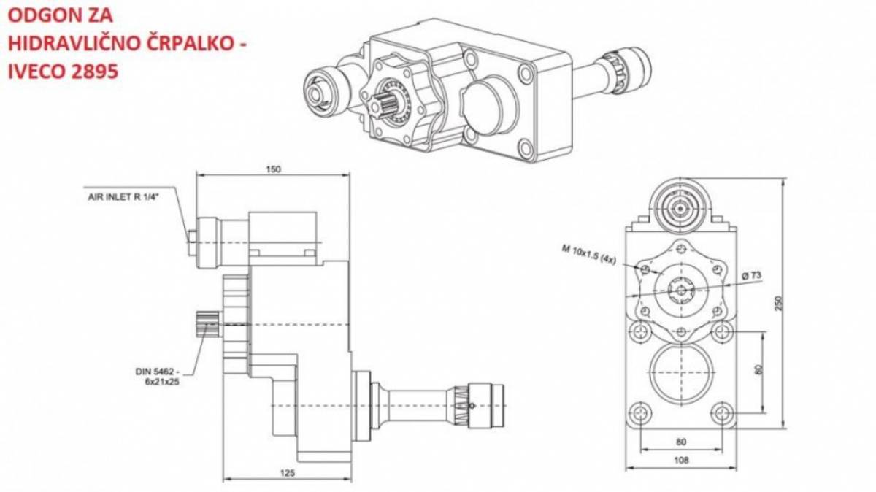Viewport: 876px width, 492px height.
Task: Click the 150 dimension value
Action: [x=273, y=169]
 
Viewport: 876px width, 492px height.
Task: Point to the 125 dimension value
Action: [x=288, y=473]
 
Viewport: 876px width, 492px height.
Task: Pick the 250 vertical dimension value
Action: [x=779, y=303]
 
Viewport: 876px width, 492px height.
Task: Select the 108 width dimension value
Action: [x=681, y=461]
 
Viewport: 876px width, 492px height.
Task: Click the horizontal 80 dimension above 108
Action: [x=681, y=442]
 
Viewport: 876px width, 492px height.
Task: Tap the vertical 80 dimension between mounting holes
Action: [x=758, y=370]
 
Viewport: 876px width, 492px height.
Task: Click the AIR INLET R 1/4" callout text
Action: [x=124, y=196]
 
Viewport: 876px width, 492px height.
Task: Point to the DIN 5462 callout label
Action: [x=158, y=377]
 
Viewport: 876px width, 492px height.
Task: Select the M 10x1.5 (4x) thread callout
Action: [x=589, y=254]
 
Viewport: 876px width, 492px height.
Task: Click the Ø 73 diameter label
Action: [x=752, y=276]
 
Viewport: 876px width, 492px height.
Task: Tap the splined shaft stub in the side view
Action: [x=209, y=324]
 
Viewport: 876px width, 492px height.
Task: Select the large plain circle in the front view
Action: [x=681, y=373]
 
